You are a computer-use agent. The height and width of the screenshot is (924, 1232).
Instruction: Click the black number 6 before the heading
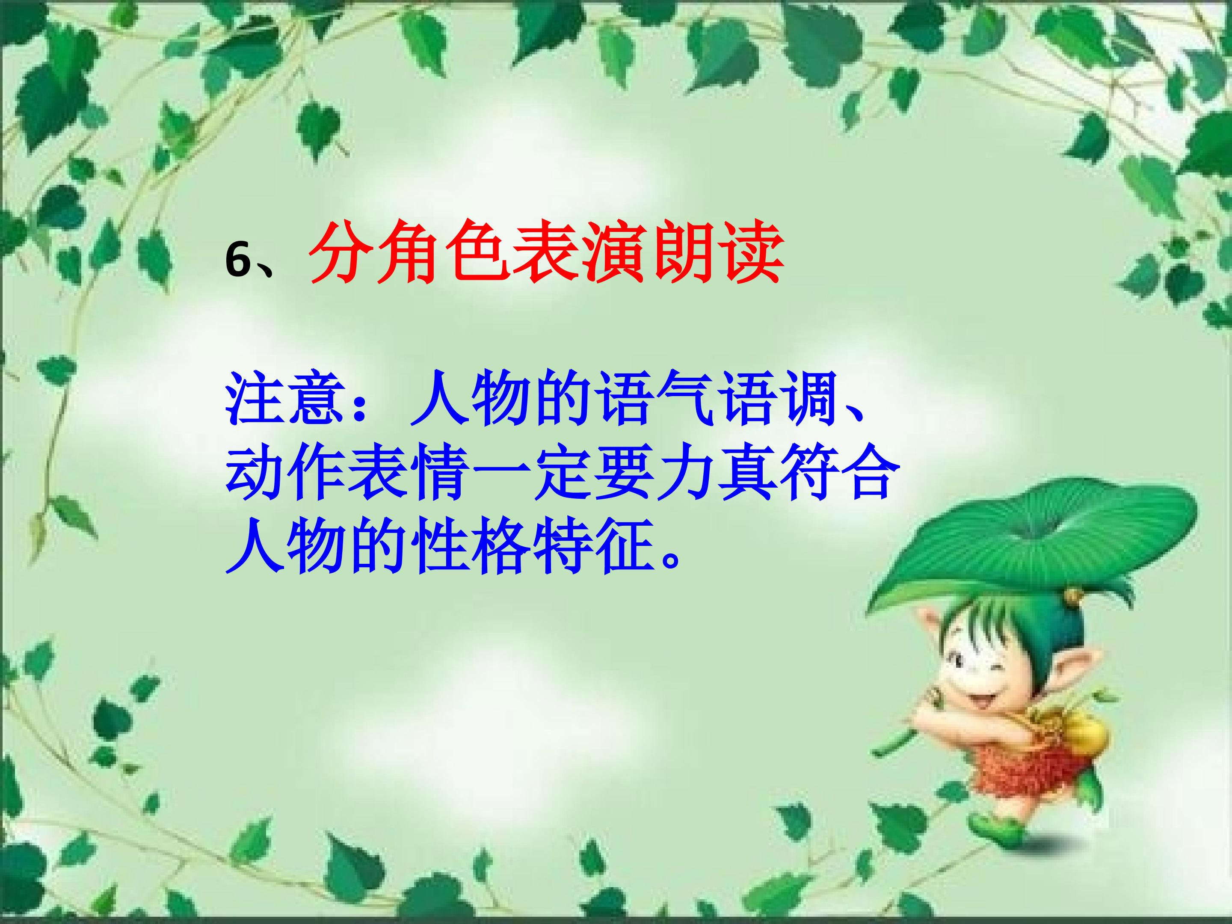pyautogui.click(x=238, y=260)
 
